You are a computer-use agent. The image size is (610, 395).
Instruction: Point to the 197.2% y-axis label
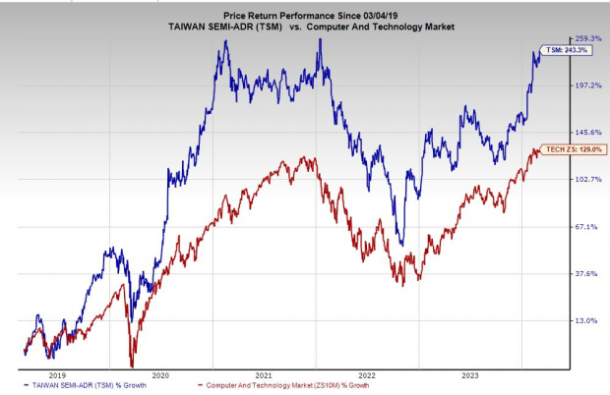[588, 85]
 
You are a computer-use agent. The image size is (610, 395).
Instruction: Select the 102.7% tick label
[588, 179]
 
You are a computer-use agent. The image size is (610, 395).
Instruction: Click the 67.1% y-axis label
[588, 226]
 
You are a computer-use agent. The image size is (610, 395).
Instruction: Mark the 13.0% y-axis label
[588, 320]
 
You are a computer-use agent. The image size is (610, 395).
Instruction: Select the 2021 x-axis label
[264, 373]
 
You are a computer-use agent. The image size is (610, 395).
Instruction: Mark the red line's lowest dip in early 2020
[132, 364]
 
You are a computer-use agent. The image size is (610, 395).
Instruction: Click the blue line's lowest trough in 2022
[400, 241]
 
